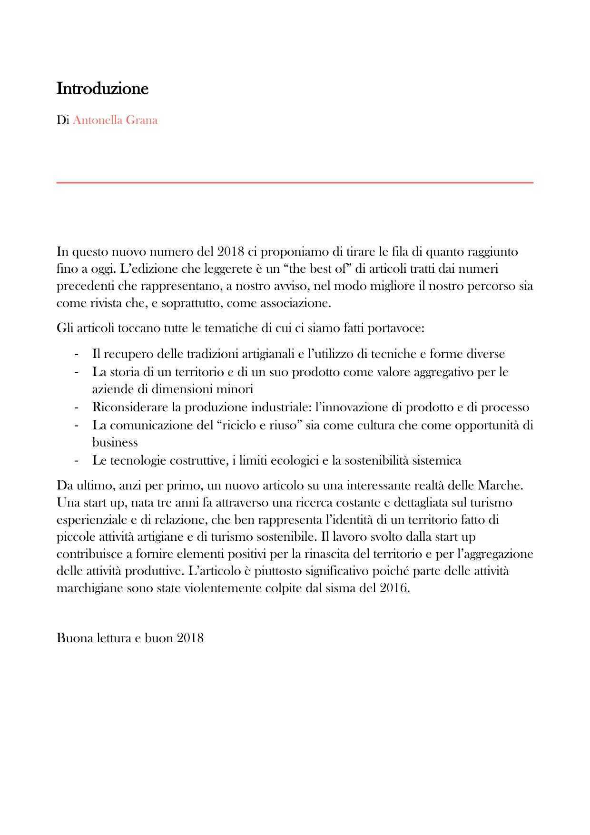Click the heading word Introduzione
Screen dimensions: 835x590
[102, 89]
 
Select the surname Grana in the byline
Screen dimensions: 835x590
[141, 120]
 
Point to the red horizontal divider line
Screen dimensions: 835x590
[295, 182]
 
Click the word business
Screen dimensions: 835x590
[115, 442]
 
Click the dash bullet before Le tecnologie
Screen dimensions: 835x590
[76, 460]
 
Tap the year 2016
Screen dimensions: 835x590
[394, 588]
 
